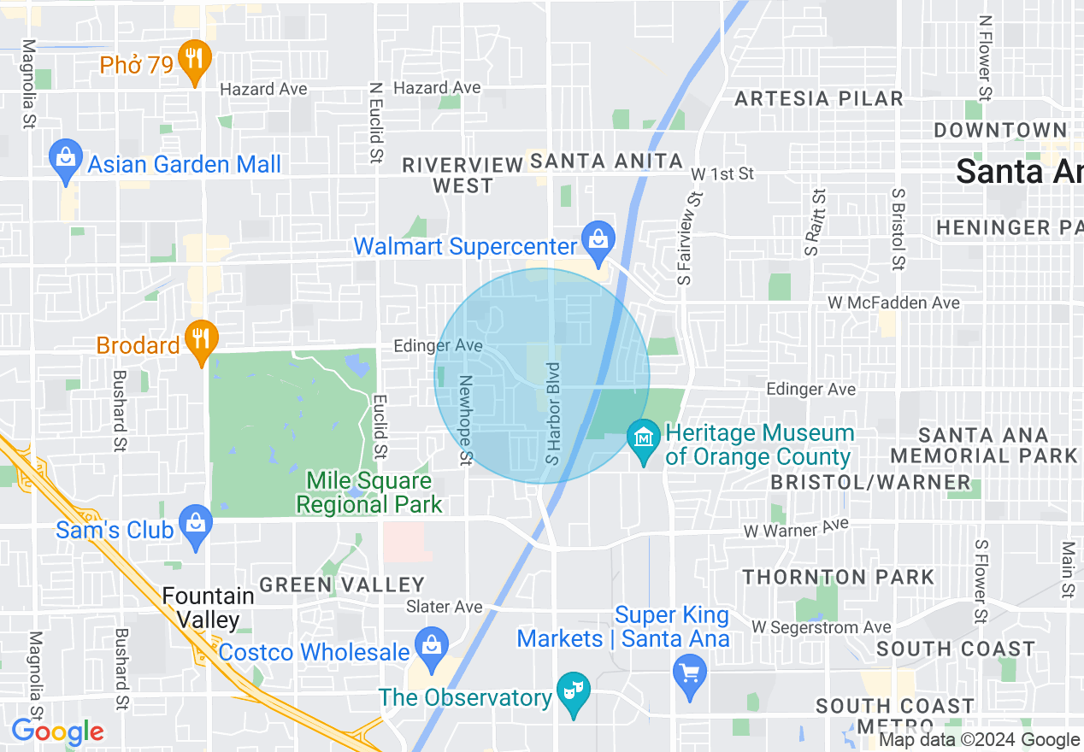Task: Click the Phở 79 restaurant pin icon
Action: point(195,62)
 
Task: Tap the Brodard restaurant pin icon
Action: point(200,340)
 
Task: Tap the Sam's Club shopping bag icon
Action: point(195,524)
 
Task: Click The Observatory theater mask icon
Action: point(573,691)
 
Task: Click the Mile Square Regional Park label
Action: point(369,493)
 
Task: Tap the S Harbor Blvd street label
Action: point(554,414)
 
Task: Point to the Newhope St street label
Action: point(465,421)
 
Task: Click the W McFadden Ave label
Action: point(893,303)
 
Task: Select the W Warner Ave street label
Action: point(796,527)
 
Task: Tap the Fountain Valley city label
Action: point(208,607)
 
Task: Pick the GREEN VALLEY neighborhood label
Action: point(342,585)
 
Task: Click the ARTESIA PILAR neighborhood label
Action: point(819,98)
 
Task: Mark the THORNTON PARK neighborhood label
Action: point(838,577)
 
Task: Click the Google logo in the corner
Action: point(57,732)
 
